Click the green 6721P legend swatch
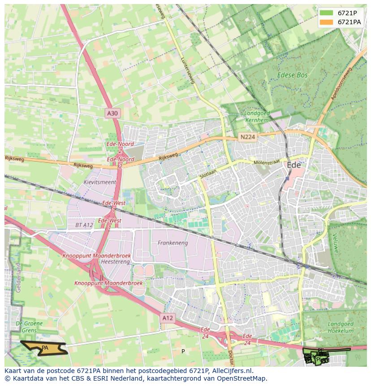point(327,13)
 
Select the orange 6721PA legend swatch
point(327,22)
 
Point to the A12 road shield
point(167,318)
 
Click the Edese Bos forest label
point(292,75)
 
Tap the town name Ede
point(293,165)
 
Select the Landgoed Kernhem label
point(257,117)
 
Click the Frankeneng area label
point(173,243)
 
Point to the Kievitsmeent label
point(99,182)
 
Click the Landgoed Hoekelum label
point(341,327)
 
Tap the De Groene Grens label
point(29,327)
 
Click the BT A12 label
point(84,225)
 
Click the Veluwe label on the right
point(335,243)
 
